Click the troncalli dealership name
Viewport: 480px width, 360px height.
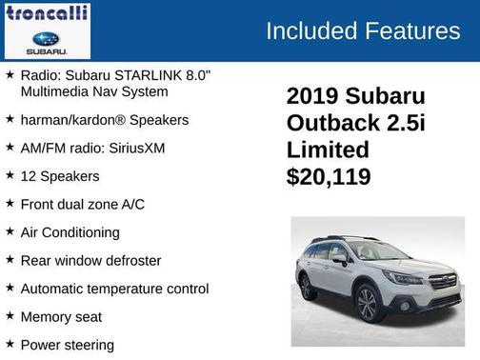[47, 12]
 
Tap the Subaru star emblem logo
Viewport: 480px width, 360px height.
[47, 39]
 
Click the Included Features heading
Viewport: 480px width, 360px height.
[362, 30]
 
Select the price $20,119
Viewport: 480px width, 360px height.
[329, 176]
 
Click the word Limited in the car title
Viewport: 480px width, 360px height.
[328, 150]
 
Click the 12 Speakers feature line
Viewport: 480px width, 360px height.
[60, 176]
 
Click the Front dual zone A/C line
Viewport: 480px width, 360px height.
[83, 204]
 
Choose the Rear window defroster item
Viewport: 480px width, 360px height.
[90, 260]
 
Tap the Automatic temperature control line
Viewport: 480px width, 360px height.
[114, 288]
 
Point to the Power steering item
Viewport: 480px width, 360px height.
[67, 344]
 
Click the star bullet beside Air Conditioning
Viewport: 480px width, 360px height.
[10, 231]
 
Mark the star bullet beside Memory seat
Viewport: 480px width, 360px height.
[10, 315]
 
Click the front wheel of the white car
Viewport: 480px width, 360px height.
[367, 308]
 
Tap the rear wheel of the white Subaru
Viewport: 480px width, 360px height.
[307, 286]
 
